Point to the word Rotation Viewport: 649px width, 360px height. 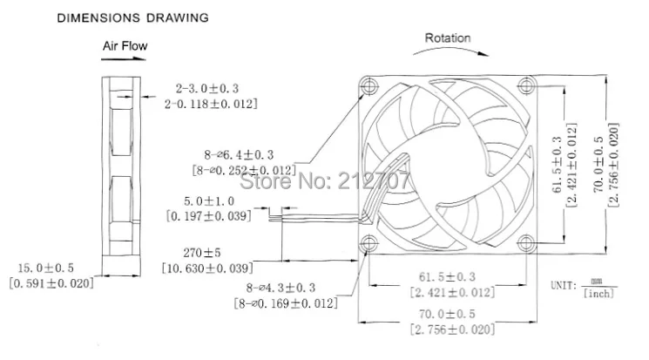tap(447, 38)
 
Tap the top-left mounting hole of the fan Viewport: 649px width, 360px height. tap(368, 85)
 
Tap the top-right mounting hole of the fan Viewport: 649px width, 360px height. tap(525, 85)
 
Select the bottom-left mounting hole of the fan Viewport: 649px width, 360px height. tap(368, 241)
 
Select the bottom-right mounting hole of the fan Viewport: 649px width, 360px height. tap(525, 241)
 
